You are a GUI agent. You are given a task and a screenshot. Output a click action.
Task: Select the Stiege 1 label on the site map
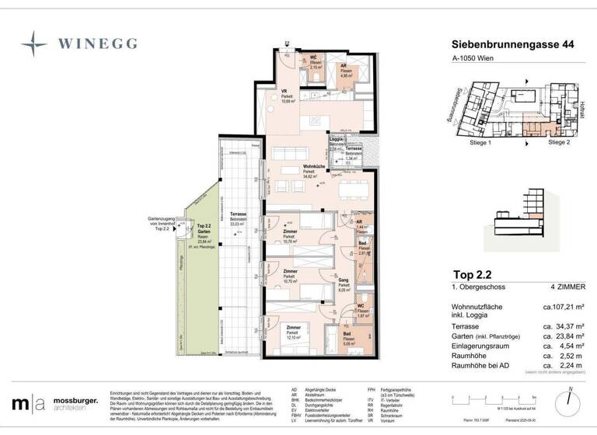click(x=480, y=143)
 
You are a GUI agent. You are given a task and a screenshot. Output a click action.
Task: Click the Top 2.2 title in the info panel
click(x=473, y=273)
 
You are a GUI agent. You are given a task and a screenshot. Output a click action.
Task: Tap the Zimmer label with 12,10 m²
click(x=292, y=332)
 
